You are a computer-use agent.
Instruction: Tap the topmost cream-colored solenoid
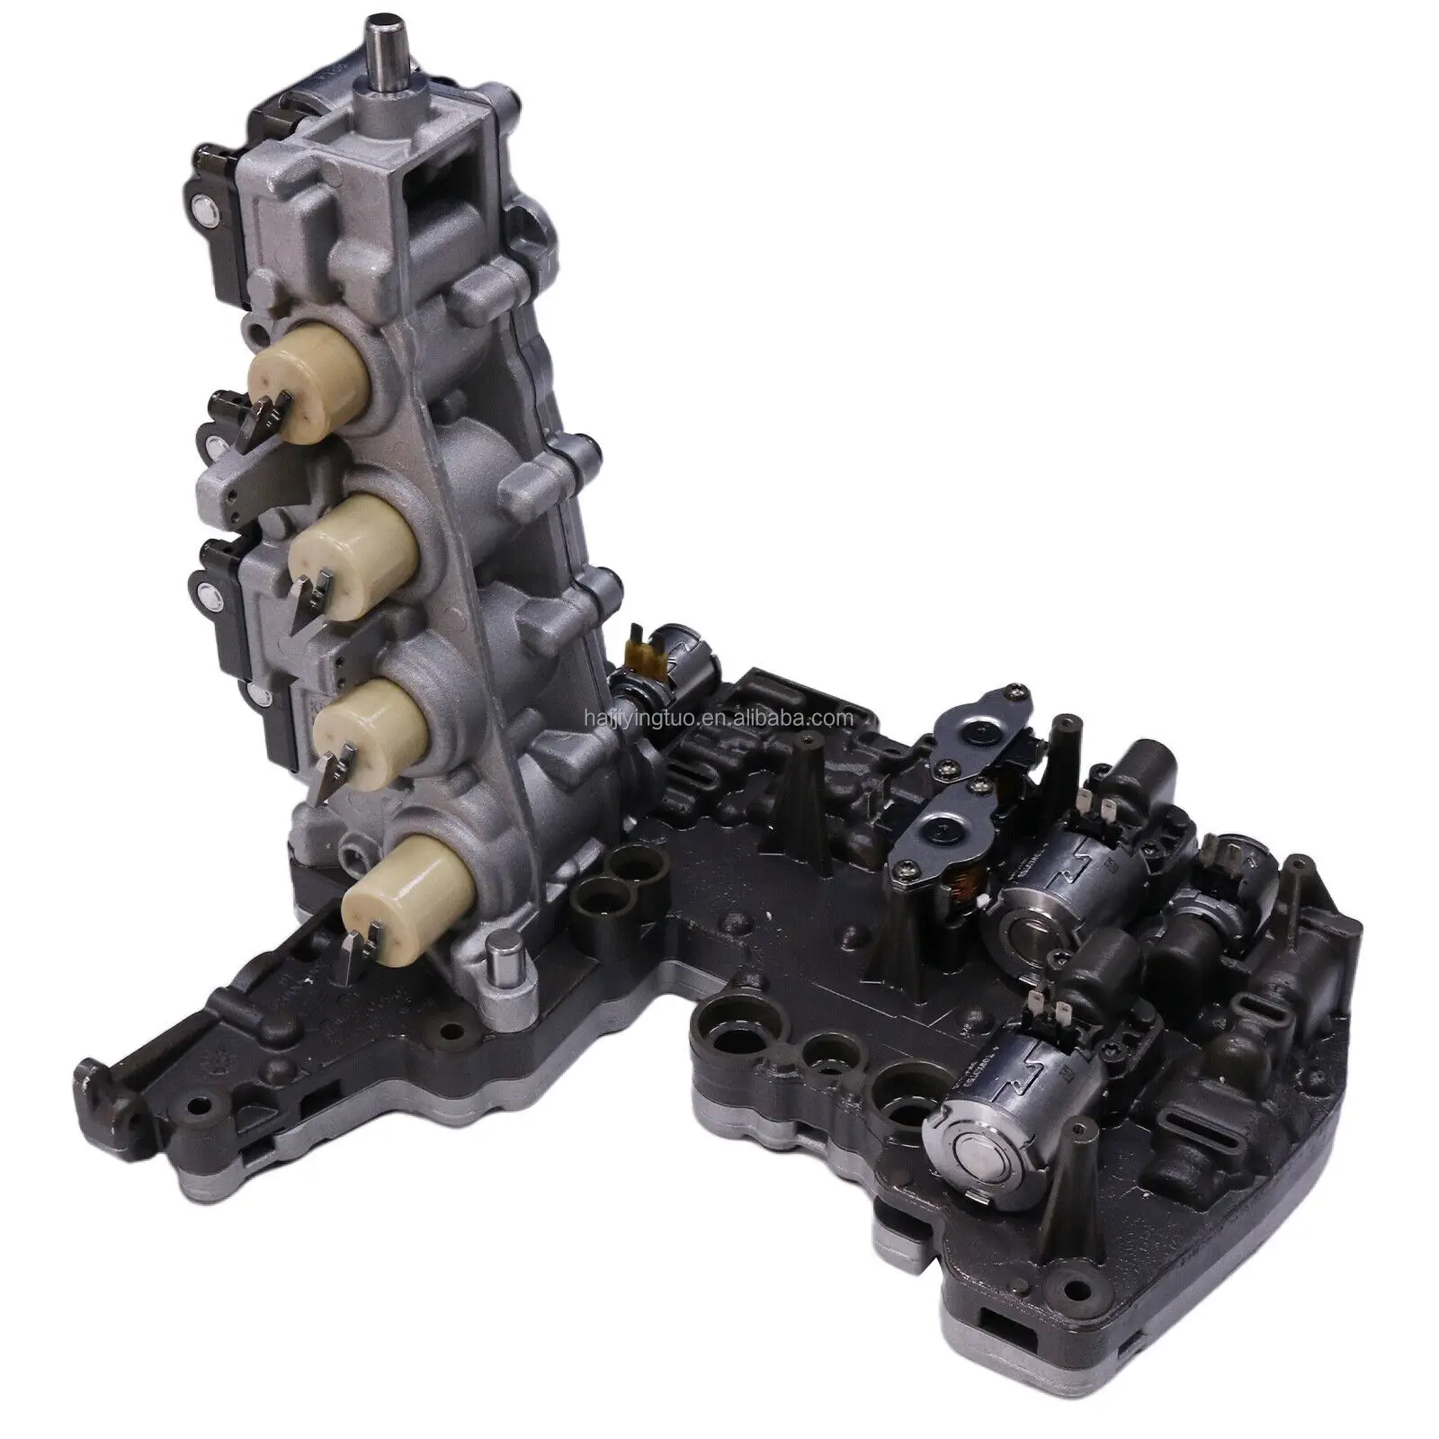pyautogui.click(x=305, y=378)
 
